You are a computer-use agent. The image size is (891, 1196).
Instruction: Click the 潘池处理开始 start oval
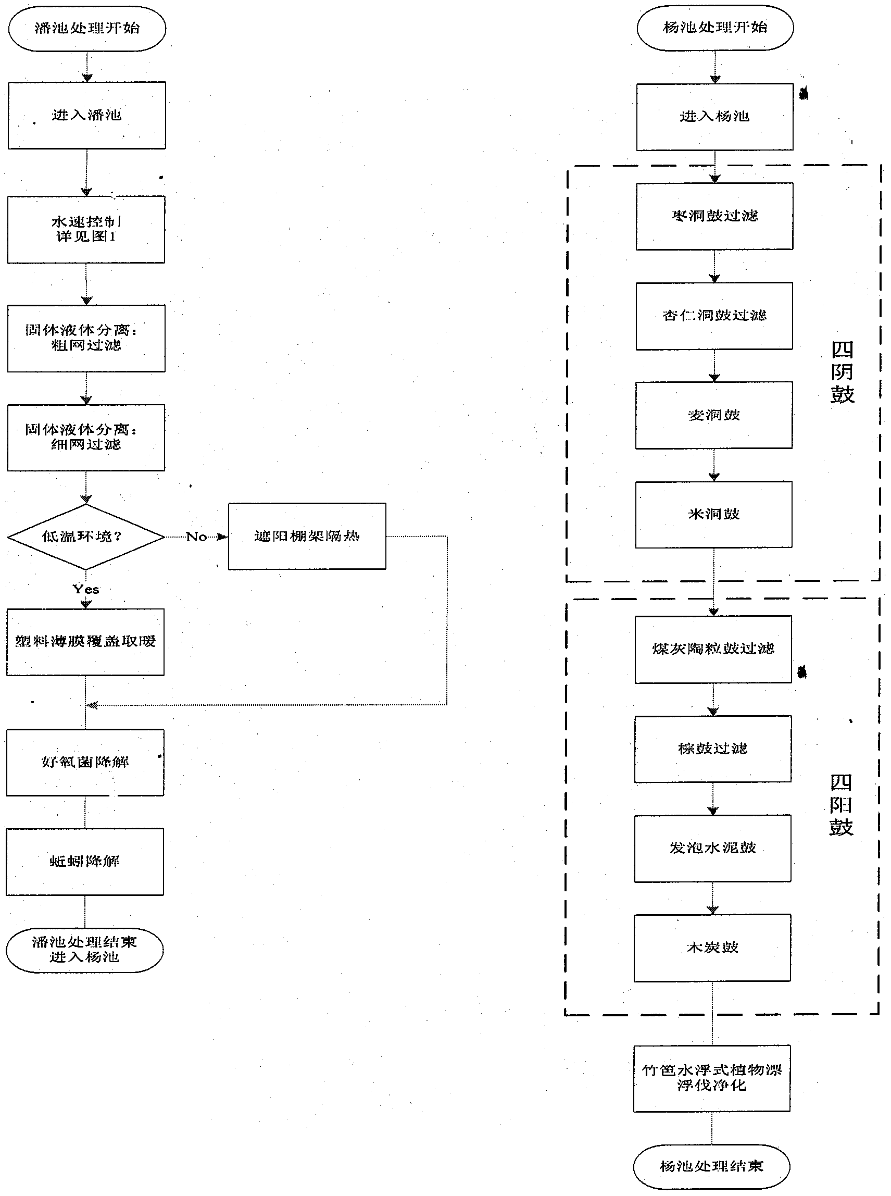pos(87,29)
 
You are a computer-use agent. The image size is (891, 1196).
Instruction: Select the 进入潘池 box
pos(87,116)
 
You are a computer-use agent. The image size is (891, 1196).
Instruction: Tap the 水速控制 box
pos(86,229)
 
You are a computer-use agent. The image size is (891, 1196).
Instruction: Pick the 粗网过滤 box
pos(86,338)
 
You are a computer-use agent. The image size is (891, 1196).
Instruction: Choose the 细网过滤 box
pos(86,438)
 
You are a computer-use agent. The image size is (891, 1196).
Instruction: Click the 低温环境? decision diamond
pos(85,536)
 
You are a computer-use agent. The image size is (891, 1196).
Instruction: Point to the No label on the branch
pos(196,537)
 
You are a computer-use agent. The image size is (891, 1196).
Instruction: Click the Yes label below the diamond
pos(86,589)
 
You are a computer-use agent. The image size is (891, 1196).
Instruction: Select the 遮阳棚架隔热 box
pos(307,536)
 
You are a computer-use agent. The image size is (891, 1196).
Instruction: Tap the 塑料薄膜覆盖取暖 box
pos(86,642)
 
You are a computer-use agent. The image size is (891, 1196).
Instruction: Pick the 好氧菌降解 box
pos(85,762)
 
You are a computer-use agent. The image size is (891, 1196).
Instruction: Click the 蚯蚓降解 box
pos(85,862)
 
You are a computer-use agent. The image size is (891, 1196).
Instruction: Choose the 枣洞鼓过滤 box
pos(714,216)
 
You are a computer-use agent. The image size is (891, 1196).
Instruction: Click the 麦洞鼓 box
pos(714,415)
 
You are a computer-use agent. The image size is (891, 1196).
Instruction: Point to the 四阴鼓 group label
pos(842,372)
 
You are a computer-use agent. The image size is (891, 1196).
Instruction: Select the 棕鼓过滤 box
pos(713,749)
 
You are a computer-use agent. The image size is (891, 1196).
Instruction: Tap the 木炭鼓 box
pos(712,948)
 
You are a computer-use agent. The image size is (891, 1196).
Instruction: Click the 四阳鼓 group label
pos(841,804)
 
